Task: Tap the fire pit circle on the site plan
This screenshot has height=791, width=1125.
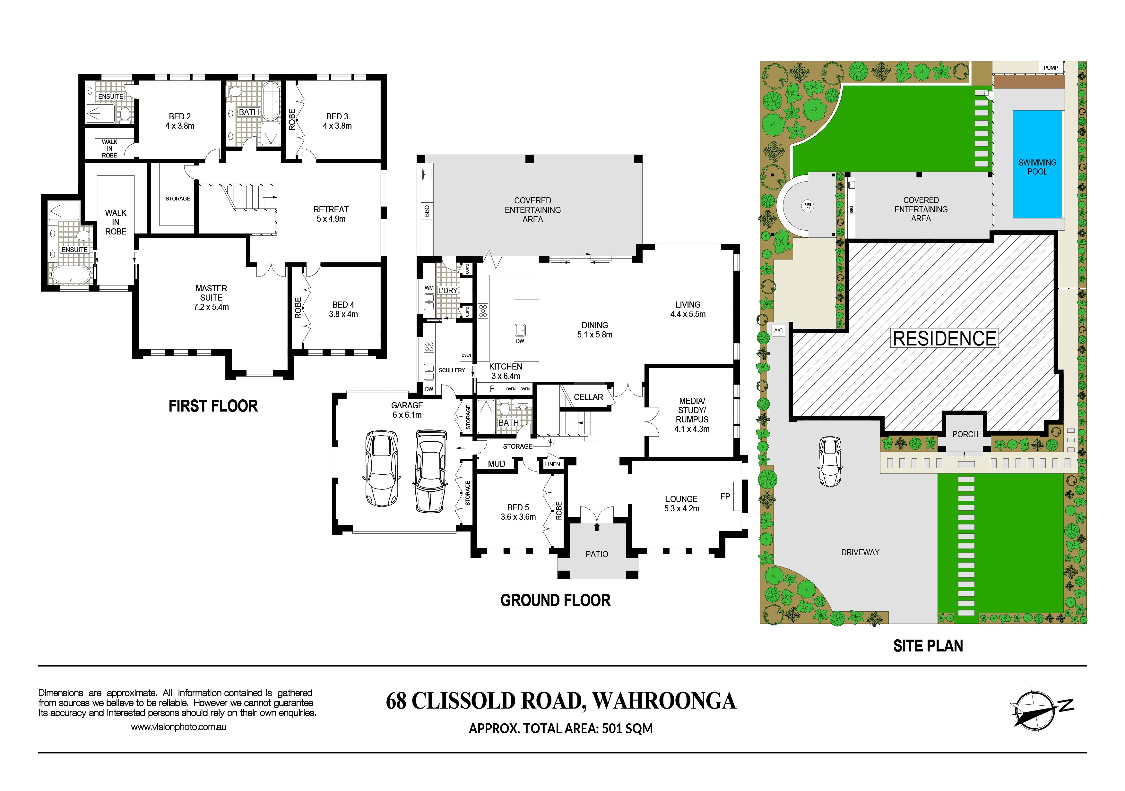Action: tap(808, 206)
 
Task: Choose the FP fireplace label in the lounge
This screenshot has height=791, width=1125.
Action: tap(725, 496)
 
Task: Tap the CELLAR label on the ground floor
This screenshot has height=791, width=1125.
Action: tap(588, 397)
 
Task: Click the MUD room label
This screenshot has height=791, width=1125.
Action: tap(496, 464)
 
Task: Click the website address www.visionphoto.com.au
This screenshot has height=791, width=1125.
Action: tap(178, 727)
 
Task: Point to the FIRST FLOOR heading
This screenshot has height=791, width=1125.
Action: tap(213, 406)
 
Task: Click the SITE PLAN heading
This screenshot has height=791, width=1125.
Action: tap(928, 646)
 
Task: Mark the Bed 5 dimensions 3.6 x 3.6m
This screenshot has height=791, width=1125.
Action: tap(518, 517)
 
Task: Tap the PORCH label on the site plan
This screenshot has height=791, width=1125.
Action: tap(965, 434)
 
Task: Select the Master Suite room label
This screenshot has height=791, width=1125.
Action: tap(211, 293)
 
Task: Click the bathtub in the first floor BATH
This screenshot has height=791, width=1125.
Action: tap(271, 102)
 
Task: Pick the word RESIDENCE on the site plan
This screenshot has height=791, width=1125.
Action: tap(945, 338)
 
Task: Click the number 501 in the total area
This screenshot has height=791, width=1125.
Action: tap(612, 729)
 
